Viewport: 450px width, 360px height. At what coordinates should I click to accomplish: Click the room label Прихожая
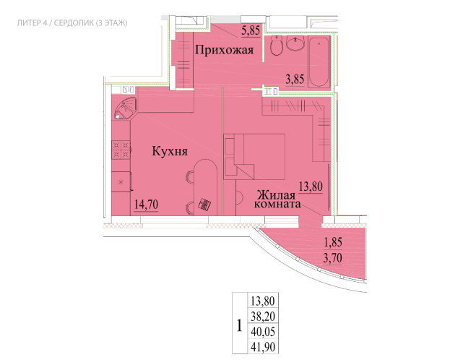(x=225, y=51)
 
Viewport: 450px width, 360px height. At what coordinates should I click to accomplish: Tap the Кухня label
(x=170, y=151)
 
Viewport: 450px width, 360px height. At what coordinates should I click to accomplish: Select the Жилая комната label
(x=277, y=200)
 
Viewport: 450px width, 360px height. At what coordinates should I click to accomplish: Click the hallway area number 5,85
(x=251, y=30)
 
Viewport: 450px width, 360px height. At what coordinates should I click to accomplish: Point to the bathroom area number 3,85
(x=295, y=79)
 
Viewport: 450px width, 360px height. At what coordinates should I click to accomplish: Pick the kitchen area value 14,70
(x=147, y=205)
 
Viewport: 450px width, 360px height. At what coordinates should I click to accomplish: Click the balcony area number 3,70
(x=332, y=258)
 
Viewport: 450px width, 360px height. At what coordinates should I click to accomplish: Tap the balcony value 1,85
(x=333, y=242)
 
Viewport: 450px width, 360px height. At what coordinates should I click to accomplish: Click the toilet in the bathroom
(x=277, y=46)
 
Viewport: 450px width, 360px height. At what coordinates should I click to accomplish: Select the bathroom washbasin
(x=295, y=43)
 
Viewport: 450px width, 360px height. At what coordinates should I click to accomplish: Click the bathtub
(x=319, y=61)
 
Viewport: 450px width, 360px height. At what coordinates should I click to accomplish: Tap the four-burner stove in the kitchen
(x=121, y=150)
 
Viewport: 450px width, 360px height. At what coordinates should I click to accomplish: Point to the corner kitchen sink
(x=124, y=108)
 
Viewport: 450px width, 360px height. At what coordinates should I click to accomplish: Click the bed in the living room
(x=254, y=157)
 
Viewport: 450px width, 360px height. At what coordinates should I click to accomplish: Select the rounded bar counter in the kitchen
(x=204, y=187)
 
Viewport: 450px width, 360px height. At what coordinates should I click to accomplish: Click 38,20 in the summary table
(x=263, y=317)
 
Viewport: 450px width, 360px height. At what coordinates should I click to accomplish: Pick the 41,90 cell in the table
(x=263, y=347)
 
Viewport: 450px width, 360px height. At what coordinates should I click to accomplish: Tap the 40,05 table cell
(x=263, y=332)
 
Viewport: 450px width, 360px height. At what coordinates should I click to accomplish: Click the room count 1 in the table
(x=239, y=326)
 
